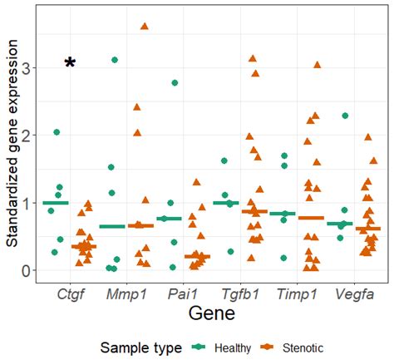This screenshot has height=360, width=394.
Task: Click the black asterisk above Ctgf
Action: [x=71, y=63]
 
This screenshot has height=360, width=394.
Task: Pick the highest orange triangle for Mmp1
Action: [x=145, y=27]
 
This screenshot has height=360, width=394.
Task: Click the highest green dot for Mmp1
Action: [x=115, y=60]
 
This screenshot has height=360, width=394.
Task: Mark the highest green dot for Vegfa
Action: [x=344, y=116]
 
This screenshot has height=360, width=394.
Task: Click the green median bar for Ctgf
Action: [x=55, y=203]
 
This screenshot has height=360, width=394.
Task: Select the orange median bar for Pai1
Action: [x=197, y=256]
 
